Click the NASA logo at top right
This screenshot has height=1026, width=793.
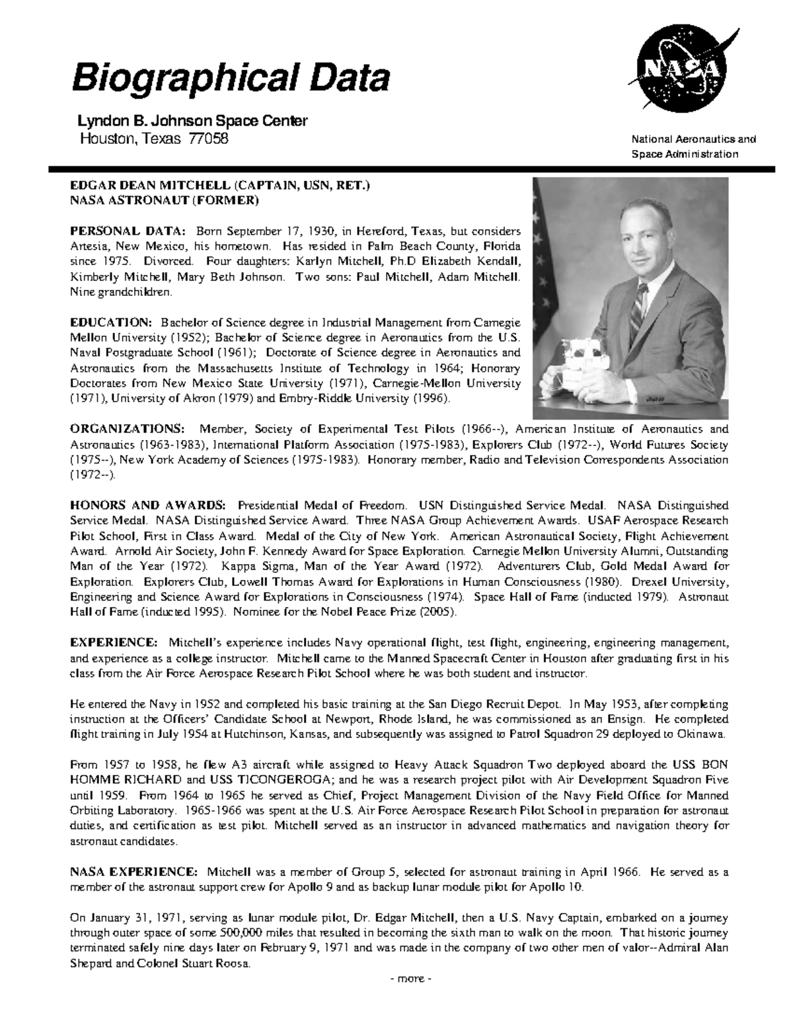point(678,72)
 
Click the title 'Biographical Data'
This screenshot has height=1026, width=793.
point(230,79)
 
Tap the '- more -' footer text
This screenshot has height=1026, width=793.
point(410,978)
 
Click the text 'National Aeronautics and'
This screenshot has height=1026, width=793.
point(693,139)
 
